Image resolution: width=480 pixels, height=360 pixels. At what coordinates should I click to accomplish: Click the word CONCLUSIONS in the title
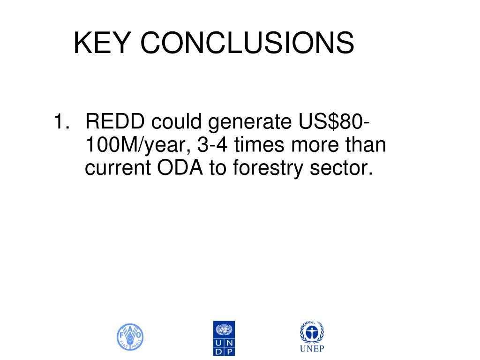coord(247,43)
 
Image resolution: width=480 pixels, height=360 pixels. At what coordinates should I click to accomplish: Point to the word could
coord(178,123)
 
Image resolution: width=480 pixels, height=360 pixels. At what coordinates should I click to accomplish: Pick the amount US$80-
coord(332,123)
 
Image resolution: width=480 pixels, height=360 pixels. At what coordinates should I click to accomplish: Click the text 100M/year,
coord(138,146)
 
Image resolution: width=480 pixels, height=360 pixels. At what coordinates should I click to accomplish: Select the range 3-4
coord(213,146)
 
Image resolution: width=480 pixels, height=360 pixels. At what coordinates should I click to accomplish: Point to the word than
coord(366,146)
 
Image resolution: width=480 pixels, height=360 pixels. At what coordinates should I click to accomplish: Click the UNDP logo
coord(224,338)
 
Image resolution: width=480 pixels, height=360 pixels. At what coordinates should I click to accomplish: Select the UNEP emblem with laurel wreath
coord(312,332)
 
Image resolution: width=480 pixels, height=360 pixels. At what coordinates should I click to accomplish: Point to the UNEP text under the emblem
coord(312,349)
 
